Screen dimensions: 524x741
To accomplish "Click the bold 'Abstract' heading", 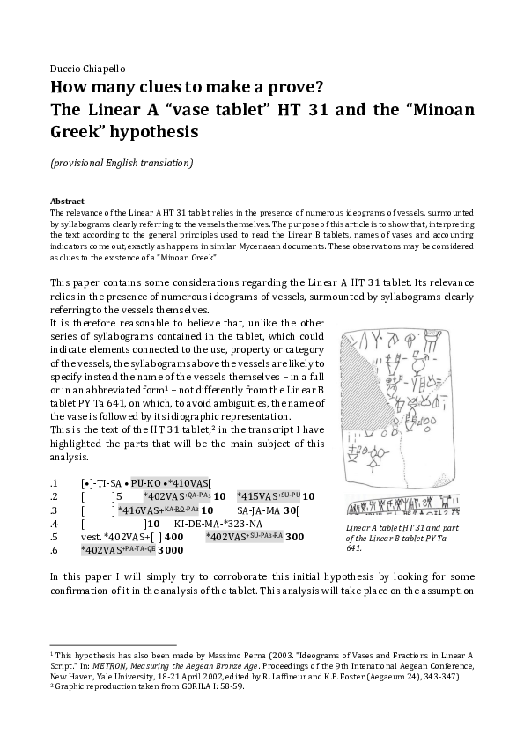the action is (x=67, y=201).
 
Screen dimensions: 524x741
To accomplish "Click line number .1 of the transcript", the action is (x=55, y=483).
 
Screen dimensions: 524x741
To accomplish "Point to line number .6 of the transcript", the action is (x=55, y=549).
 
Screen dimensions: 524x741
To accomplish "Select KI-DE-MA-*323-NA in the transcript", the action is (x=229, y=523).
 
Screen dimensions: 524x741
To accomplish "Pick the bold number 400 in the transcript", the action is (x=173, y=536).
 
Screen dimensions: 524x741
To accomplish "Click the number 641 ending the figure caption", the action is (x=354, y=547).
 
